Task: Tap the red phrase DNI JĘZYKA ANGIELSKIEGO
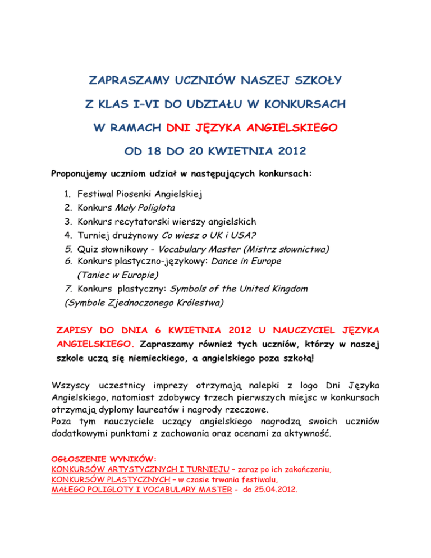tap(251, 128)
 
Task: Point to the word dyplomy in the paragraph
tap(131, 410)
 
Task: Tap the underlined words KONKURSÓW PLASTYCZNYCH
tap(109, 478)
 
